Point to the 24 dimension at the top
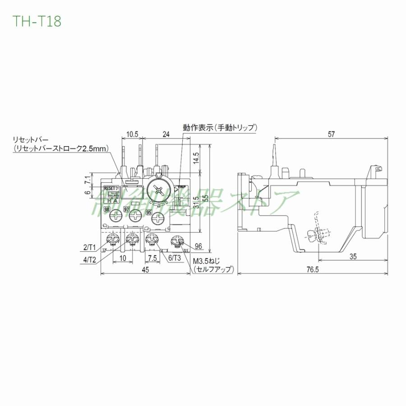[166, 134]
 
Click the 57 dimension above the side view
[331, 134]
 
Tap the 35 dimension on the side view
[352, 257]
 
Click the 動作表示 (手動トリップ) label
[220, 128]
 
